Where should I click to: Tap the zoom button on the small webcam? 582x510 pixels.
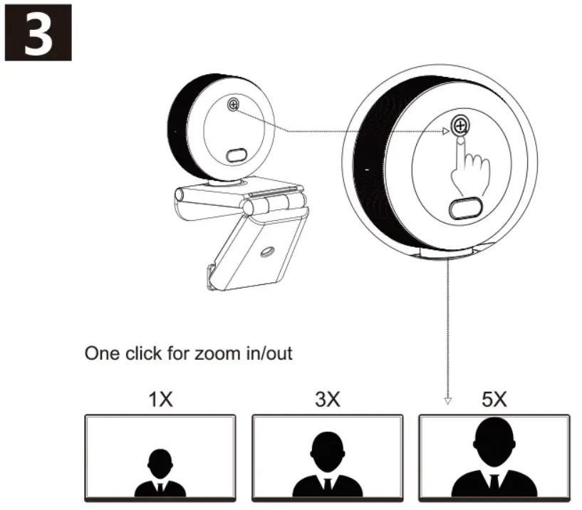tap(233, 105)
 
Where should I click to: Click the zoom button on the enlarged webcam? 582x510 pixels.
tap(461, 127)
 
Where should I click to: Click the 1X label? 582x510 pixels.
tap(160, 399)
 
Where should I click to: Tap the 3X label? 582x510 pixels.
tap(327, 399)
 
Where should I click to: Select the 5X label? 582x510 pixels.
tap(494, 399)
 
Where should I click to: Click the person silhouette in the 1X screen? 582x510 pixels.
tap(160, 473)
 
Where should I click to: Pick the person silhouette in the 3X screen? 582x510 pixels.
tap(326, 467)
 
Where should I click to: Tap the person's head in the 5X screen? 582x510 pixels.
tap(494, 438)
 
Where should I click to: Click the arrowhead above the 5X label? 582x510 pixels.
tap(448, 400)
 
